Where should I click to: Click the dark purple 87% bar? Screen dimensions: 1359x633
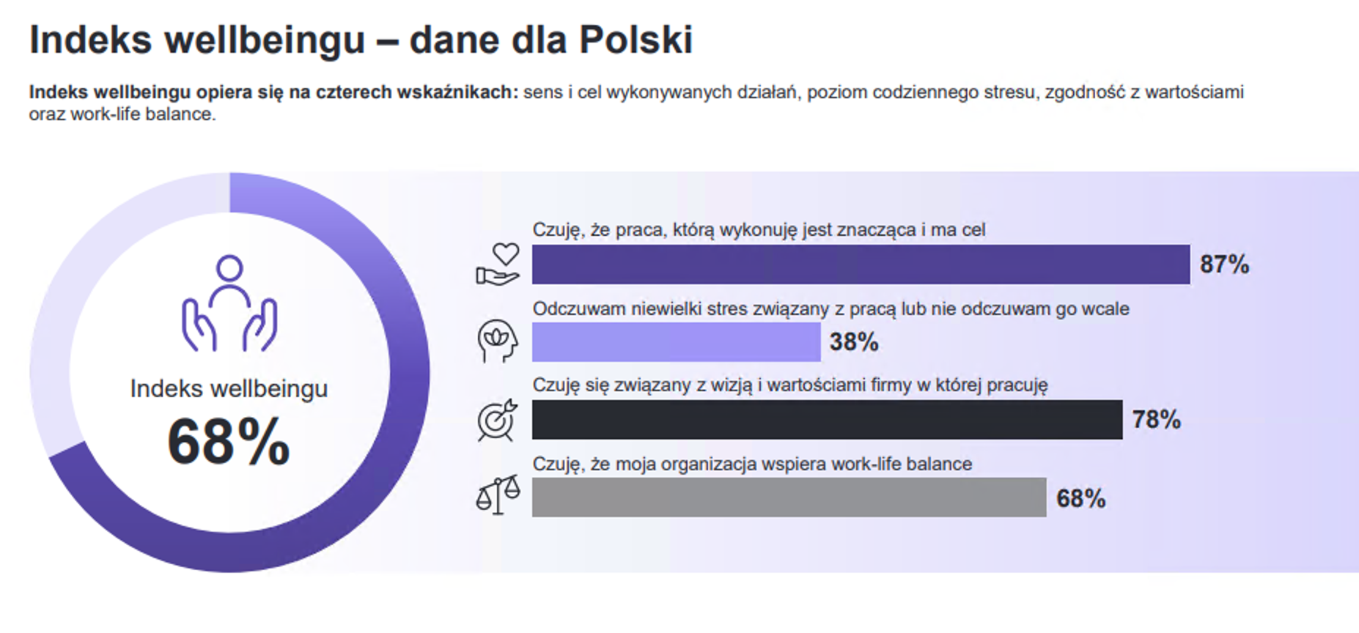pos(861,264)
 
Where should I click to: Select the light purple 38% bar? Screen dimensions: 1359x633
pos(676,342)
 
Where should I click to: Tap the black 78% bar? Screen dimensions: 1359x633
pos(827,420)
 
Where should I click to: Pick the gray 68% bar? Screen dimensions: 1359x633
pos(789,497)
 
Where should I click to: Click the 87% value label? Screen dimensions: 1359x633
pos(1224,264)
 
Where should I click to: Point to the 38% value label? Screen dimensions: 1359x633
pos(854,342)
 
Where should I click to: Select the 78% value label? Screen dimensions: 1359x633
pos(1157,420)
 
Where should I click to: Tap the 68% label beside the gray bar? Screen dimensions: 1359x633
pos(1080,499)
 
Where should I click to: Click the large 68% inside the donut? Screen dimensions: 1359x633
pos(229,442)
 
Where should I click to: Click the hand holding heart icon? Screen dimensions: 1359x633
pos(498,264)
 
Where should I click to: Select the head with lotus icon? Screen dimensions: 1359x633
pos(498,341)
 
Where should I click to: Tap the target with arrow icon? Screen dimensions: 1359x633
pos(498,421)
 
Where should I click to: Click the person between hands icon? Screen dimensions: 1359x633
pos(229,303)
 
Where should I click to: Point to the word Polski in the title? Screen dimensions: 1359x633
pos(636,40)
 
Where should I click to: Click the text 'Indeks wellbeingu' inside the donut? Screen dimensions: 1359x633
pos(229,389)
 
